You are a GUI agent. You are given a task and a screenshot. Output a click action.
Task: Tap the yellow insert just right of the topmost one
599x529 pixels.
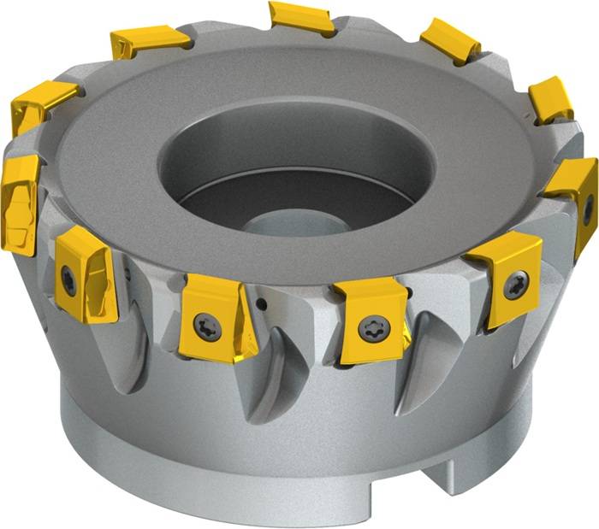[449, 39]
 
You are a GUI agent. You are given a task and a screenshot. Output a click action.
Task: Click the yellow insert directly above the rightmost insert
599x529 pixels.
[550, 97]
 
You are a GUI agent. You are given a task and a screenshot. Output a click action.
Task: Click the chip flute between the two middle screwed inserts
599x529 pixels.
[282, 376]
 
